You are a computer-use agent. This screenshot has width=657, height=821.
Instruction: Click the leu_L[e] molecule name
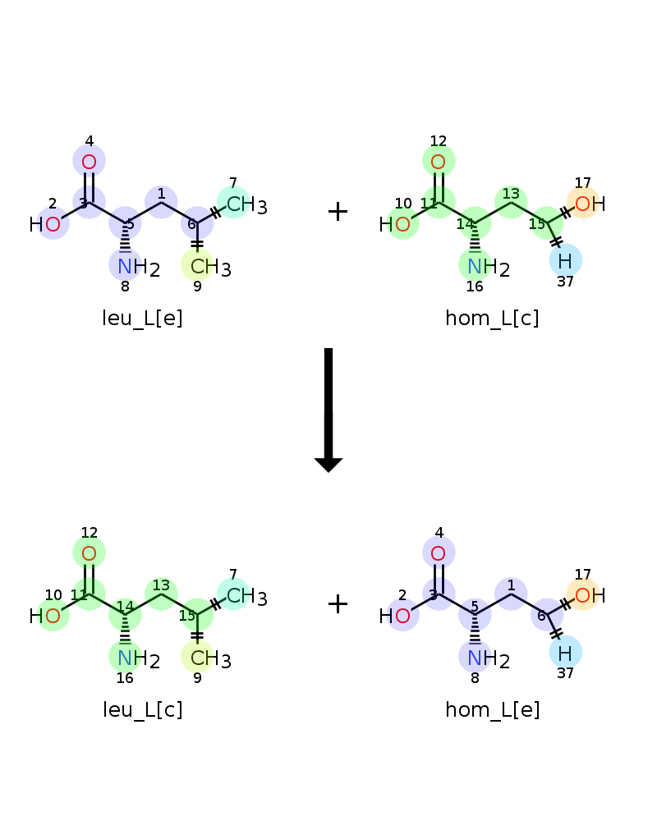coord(143,319)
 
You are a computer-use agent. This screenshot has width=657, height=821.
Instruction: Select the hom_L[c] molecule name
coord(492,319)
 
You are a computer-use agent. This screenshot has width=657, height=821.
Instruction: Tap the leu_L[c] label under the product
coord(143,710)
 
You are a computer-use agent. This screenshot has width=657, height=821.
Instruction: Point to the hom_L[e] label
coord(492,710)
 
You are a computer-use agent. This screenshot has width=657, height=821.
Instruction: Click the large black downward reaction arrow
coord(328,410)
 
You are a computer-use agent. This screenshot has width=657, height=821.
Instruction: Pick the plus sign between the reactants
coord(338,212)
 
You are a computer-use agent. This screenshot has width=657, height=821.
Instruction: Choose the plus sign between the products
coord(338,603)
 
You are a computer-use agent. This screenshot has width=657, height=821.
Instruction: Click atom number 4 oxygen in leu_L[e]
coord(89,161)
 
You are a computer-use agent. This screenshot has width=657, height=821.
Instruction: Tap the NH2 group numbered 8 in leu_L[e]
coord(138,267)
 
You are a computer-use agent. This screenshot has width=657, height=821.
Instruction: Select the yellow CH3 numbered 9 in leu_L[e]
coord(209,267)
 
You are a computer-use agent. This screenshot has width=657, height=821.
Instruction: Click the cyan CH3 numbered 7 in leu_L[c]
coord(246,596)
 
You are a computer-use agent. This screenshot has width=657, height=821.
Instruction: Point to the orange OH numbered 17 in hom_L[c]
coord(589,204)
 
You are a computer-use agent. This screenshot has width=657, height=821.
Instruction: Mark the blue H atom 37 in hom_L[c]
coord(565,260)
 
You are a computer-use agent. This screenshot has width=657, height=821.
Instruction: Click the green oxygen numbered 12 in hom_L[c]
coord(439,161)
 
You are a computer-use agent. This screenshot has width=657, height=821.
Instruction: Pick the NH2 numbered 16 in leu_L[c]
coord(138,658)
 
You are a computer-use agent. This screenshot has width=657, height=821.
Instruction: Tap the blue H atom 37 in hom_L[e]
coord(565,653)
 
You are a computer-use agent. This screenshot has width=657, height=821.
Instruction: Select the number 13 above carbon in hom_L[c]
coord(511,194)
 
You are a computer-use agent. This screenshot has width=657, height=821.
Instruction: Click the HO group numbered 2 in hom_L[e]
coord(396,616)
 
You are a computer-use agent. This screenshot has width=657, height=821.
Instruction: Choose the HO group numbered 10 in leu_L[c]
coord(47,616)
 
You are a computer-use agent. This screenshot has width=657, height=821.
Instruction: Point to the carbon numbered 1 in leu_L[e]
coord(161,202)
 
